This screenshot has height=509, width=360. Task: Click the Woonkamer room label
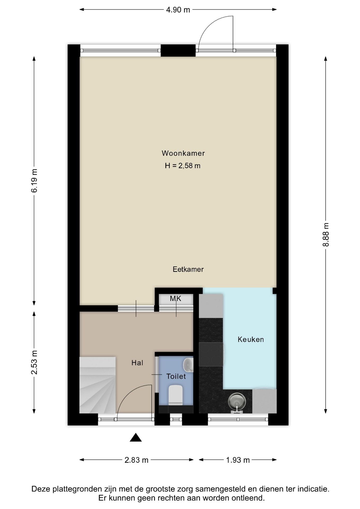(x=183, y=153)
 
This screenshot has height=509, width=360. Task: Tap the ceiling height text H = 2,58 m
(x=183, y=166)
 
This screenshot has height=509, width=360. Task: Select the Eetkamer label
(x=188, y=269)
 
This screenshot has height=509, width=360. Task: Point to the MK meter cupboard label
(x=175, y=299)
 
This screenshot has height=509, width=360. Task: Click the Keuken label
(x=251, y=339)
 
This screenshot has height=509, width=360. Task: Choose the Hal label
(x=137, y=363)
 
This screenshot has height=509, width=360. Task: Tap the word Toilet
(x=176, y=376)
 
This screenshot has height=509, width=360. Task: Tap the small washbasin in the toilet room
(x=188, y=365)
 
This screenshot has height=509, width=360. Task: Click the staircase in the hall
(x=98, y=385)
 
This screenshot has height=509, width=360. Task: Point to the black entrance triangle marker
(x=136, y=437)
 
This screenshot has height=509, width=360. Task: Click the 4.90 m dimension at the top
(x=178, y=10)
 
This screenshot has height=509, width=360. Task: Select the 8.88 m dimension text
(x=326, y=235)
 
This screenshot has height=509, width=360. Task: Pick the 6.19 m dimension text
(x=34, y=181)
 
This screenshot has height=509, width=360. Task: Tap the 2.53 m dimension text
(x=34, y=362)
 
